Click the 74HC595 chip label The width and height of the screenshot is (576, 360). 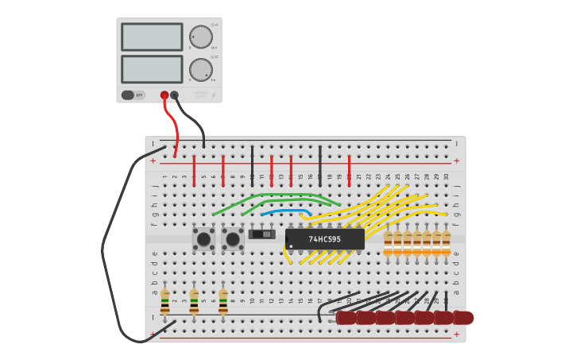tap(324, 239)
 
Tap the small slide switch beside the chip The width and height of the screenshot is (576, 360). tap(261, 234)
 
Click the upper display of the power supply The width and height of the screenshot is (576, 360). tap(152, 37)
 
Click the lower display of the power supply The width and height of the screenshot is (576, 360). tap(152, 69)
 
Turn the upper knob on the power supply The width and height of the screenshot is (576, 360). tap(201, 37)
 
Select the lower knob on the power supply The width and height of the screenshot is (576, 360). tap(201, 70)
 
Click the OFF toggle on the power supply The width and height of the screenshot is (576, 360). tap(133, 95)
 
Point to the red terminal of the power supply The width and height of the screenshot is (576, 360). tap(164, 95)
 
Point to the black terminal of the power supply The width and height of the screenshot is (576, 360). tap(175, 95)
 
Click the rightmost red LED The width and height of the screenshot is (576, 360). tap(463, 318)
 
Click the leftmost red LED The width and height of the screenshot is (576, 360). tap(346, 318)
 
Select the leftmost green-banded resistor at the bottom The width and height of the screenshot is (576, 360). tap(165, 301)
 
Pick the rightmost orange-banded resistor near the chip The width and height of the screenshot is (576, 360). tap(446, 244)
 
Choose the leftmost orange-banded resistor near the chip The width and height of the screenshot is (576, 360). tap(388, 244)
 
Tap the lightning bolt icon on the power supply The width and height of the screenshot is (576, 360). tap(213, 95)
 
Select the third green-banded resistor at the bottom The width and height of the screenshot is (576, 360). tap(223, 301)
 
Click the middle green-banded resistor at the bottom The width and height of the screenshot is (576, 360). tap(194, 301)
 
